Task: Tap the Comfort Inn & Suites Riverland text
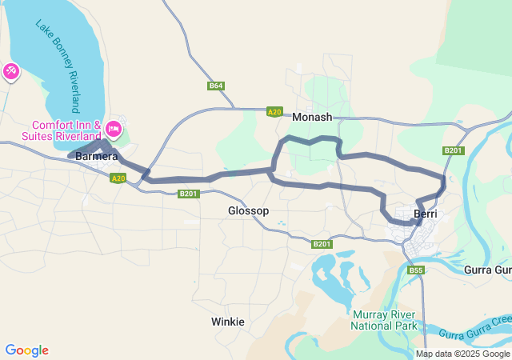pos(67,131)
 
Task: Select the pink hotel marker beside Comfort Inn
pos(114,128)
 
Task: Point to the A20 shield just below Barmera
pos(118,178)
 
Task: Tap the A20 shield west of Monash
pos(274,112)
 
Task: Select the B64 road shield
pos(215,86)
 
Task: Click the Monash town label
pos(312,117)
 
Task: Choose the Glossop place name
pos(248,210)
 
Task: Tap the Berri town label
pos(424,214)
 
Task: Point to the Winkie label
pos(227,322)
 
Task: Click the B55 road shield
pos(416,270)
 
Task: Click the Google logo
pos(26,350)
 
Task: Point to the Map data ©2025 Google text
pos(462,354)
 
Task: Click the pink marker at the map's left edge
pos(11,72)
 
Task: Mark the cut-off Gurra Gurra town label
pos(487,270)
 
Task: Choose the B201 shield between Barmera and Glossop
pos(189,194)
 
